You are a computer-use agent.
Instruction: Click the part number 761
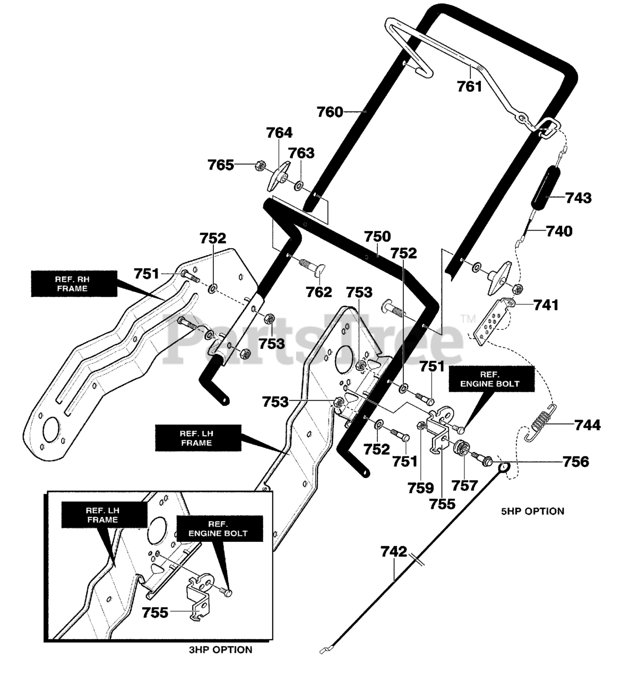click(x=469, y=86)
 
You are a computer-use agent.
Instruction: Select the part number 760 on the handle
click(x=330, y=112)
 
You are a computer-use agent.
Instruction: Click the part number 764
click(x=280, y=132)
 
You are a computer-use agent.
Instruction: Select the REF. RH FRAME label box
click(x=74, y=284)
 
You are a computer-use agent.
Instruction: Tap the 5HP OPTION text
click(x=533, y=512)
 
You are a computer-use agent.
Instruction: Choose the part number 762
click(x=319, y=292)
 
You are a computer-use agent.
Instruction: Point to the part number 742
click(x=394, y=551)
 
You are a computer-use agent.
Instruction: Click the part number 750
click(x=377, y=236)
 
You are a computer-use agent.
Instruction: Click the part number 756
click(x=576, y=462)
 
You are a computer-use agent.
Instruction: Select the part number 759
click(x=420, y=488)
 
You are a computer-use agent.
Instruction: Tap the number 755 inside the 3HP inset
click(x=155, y=613)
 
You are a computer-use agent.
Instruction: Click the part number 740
click(x=559, y=231)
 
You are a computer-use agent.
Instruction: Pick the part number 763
click(x=301, y=153)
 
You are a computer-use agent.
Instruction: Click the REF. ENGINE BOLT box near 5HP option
click(x=491, y=379)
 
